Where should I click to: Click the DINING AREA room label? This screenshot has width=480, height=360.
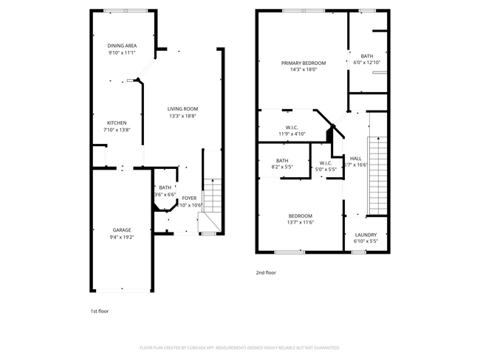click(123, 46)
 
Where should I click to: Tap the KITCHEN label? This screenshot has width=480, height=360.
click(117, 122)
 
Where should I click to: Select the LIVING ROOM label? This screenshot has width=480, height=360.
click(183, 109)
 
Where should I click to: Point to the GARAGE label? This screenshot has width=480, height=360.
click(122, 229)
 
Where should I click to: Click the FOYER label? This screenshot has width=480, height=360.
click(189, 198)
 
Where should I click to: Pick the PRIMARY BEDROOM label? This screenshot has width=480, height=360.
click(303, 63)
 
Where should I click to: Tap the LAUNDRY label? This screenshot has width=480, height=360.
click(366, 235)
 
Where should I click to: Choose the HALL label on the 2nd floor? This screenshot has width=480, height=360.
click(356, 158)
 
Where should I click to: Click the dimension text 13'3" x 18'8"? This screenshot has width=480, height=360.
click(183, 116)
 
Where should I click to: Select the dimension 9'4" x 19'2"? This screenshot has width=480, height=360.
click(122, 237)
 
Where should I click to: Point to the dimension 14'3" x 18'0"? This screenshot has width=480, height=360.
click(303, 69)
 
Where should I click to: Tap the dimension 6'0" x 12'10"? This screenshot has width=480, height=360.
click(367, 63)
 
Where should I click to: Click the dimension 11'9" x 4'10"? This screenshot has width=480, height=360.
click(292, 134)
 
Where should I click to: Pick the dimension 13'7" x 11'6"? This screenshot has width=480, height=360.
click(301, 222)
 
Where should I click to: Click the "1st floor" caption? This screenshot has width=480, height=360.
click(99, 311)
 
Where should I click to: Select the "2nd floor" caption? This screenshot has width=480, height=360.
click(266, 272)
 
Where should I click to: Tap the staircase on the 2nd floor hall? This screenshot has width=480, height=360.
click(377, 175)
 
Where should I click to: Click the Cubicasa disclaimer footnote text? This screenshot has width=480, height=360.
click(239, 347)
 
